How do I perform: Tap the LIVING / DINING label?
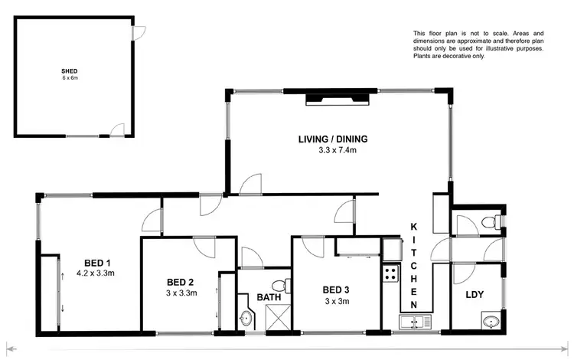coord(333,139)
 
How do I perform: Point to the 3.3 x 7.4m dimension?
coord(333,150)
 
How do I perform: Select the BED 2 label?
coord(181,281)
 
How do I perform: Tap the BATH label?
coord(269,296)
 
